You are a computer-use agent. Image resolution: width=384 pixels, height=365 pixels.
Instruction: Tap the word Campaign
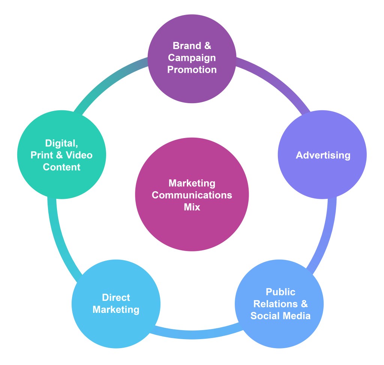pyautogui.click(x=192, y=58)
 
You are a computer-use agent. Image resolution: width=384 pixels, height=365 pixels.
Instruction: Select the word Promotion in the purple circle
pyautogui.click(x=192, y=70)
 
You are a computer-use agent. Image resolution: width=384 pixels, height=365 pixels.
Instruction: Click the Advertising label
pyautogui.click(x=323, y=155)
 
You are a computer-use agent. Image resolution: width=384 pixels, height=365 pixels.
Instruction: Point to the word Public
pyautogui.click(x=280, y=292)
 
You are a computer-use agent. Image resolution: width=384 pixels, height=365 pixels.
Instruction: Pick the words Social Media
pyautogui.click(x=280, y=316)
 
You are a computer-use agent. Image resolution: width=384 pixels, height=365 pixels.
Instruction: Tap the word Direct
pyautogui.click(x=116, y=298)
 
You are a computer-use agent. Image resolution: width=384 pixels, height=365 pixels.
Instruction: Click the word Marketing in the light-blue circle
pyautogui.click(x=116, y=310)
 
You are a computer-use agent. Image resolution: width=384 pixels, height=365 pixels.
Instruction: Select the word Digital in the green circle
pyautogui.click(x=60, y=143)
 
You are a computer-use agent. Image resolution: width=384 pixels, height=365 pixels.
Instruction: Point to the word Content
pyautogui.click(x=61, y=167)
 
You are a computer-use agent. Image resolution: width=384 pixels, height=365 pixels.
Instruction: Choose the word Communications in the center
pyautogui.click(x=192, y=195)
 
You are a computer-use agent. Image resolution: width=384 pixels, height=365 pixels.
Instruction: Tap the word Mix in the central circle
pyautogui.click(x=192, y=207)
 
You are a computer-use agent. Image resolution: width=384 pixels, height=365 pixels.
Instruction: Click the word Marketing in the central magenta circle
pyautogui.click(x=192, y=183)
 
